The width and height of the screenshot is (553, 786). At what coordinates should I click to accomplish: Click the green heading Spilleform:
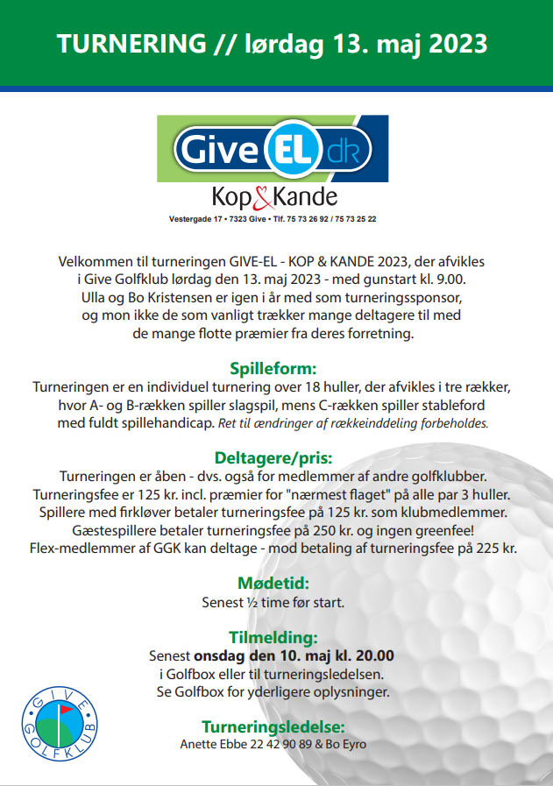[x=273, y=368]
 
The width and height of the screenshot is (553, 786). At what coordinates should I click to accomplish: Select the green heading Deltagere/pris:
[x=273, y=457]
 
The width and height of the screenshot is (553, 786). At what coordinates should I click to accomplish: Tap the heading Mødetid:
[x=273, y=583]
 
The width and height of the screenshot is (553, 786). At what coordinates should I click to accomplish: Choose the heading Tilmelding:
[x=273, y=637]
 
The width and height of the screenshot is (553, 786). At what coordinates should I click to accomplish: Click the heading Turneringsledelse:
[x=273, y=726]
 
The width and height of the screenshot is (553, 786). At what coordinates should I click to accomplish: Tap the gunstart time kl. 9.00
[x=457, y=279]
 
